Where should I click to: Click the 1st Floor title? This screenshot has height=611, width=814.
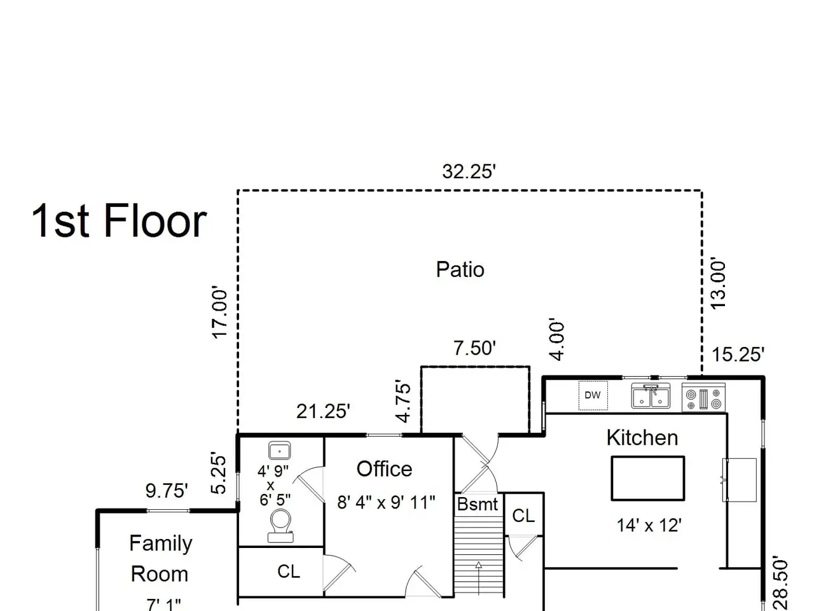point(119,221)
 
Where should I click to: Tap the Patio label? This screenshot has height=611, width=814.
point(460,269)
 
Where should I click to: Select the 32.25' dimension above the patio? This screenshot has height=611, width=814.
point(469,172)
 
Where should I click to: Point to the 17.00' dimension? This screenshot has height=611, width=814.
point(219,312)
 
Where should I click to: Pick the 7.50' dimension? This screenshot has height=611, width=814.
point(474,348)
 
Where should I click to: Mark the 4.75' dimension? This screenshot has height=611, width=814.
point(403,401)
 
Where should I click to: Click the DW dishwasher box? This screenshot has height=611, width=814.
point(593,395)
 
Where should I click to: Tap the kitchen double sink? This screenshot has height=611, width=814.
point(651,396)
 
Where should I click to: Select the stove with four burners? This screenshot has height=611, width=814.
point(703,398)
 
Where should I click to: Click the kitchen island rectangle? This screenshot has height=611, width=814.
point(648,479)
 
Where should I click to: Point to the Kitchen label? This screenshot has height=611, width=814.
point(642,438)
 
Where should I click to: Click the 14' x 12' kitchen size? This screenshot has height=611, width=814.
point(649,525)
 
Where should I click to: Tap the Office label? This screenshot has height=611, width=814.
point(384,469)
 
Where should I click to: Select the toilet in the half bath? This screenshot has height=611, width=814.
point(280,526)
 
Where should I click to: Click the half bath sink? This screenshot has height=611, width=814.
point(279,451)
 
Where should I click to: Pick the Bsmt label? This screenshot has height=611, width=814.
point(478,504)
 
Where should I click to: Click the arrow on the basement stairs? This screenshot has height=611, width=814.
point(479,578)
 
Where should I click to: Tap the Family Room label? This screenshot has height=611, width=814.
point(160,558)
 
